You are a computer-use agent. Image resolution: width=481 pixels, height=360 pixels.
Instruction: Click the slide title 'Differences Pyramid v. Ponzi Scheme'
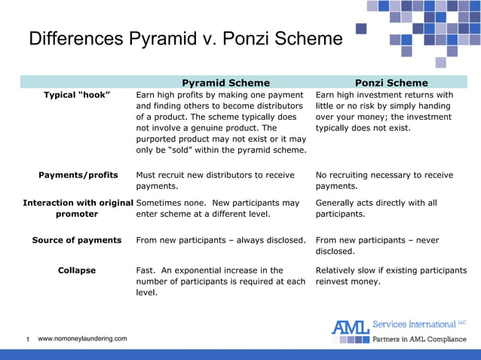[x=185, y=38]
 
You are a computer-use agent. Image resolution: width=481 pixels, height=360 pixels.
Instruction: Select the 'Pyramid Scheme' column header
[x=225, y=83]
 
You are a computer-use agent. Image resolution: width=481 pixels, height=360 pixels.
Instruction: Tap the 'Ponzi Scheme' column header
[x=391, y=83]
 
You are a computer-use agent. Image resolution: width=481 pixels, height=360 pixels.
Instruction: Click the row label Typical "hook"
[x=77, y=96]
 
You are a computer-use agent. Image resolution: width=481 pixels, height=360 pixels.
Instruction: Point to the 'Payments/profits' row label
[x=78, y=175]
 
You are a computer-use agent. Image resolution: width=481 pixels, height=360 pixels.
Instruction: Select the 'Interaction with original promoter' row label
[x=78, y=209]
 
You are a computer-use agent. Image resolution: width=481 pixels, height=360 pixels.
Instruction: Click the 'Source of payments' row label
[x=77, y=240]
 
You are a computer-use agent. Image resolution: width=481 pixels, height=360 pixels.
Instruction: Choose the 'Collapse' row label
[x=77, y=270]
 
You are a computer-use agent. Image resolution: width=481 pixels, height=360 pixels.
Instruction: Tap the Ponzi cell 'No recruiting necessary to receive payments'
[x=384, y=181]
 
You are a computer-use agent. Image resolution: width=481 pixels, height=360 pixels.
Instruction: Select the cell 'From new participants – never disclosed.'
[x=384, y=246]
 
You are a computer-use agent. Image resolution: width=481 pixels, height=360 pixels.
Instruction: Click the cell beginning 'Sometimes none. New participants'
[x=218, y=209]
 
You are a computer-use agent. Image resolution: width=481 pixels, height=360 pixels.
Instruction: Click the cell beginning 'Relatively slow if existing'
[x=391, y=276]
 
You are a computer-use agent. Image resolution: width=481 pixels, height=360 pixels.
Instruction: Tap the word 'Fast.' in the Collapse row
[x=147, y=270]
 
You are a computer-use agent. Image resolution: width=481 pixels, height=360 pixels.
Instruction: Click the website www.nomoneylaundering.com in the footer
[x=82, y=339]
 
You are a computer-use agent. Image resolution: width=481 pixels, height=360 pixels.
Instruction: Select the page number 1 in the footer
[x=28, y=340]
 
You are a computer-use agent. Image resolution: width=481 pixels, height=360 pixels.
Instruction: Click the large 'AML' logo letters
[x=351, y=327]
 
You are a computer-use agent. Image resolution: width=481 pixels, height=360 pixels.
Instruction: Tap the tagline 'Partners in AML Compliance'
[x=420, y=340]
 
